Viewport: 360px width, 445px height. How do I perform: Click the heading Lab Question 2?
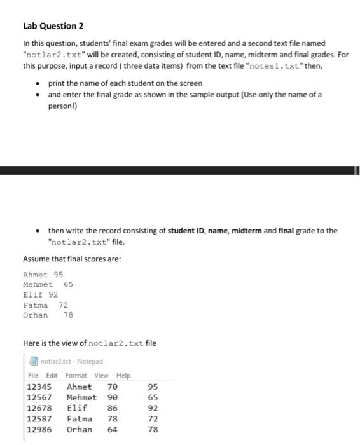click(x=53, y=26)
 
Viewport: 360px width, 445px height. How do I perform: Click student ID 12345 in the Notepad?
click(x=39, y=387)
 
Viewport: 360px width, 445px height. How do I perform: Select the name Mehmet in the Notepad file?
click(x=81, y=398)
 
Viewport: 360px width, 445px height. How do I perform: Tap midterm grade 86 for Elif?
click(x=113, y=408)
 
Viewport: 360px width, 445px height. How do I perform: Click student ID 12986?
click(x=39, y=430)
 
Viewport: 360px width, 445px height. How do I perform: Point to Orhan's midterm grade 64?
click(x=113, y=430)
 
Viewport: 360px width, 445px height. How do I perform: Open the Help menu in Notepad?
click(x=123, y=375)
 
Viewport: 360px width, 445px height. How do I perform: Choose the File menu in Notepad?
click(x=34, y=375)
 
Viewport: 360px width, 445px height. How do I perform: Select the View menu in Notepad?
click(x=101, y=375)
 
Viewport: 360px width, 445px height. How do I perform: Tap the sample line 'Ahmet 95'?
click(x=43, y=275)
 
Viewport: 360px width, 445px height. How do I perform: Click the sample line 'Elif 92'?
click(x=40, y=295)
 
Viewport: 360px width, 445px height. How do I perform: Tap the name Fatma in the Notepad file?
click(x=79, y=419)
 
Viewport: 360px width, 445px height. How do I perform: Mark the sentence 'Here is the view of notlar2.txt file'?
click(x=89, y=343)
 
